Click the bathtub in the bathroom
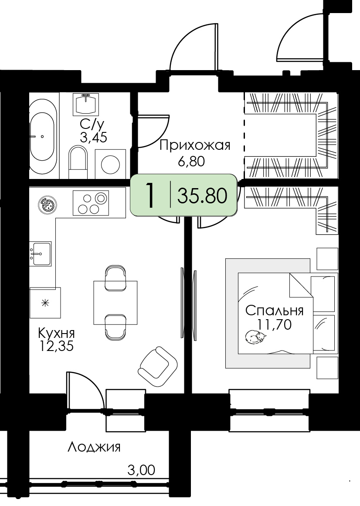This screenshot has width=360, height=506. point(43,136)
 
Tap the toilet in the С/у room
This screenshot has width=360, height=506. point(78,162)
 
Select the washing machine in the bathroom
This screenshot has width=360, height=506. point(110,164)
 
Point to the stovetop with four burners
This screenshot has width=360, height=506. point(91,202)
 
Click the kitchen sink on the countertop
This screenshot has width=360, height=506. point(41,253)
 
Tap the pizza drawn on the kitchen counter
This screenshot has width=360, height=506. point(48,205)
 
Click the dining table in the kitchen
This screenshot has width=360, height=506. point(115,302)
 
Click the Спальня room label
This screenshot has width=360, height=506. point(275,310)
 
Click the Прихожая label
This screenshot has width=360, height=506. point(195,145)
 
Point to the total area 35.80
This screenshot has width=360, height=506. point(202,196)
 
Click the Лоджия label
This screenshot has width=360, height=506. point(94,447)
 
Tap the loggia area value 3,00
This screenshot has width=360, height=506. point(141,470)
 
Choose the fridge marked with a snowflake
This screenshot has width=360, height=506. point(45,303)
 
